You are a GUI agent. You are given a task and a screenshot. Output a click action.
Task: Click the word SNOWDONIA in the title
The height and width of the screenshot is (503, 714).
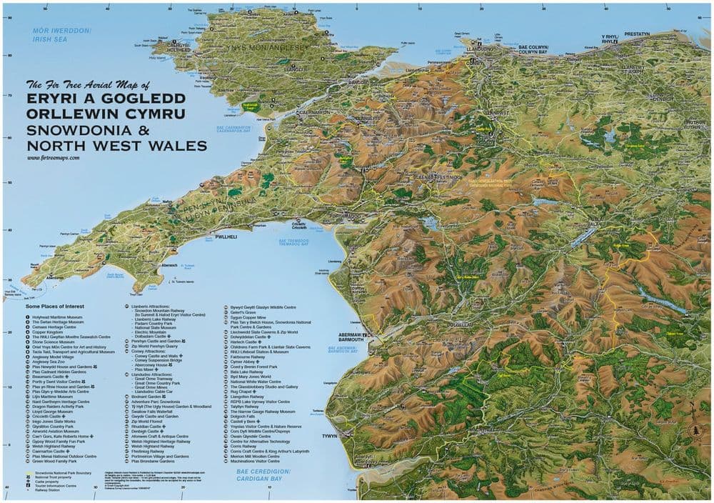click(71, 131)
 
